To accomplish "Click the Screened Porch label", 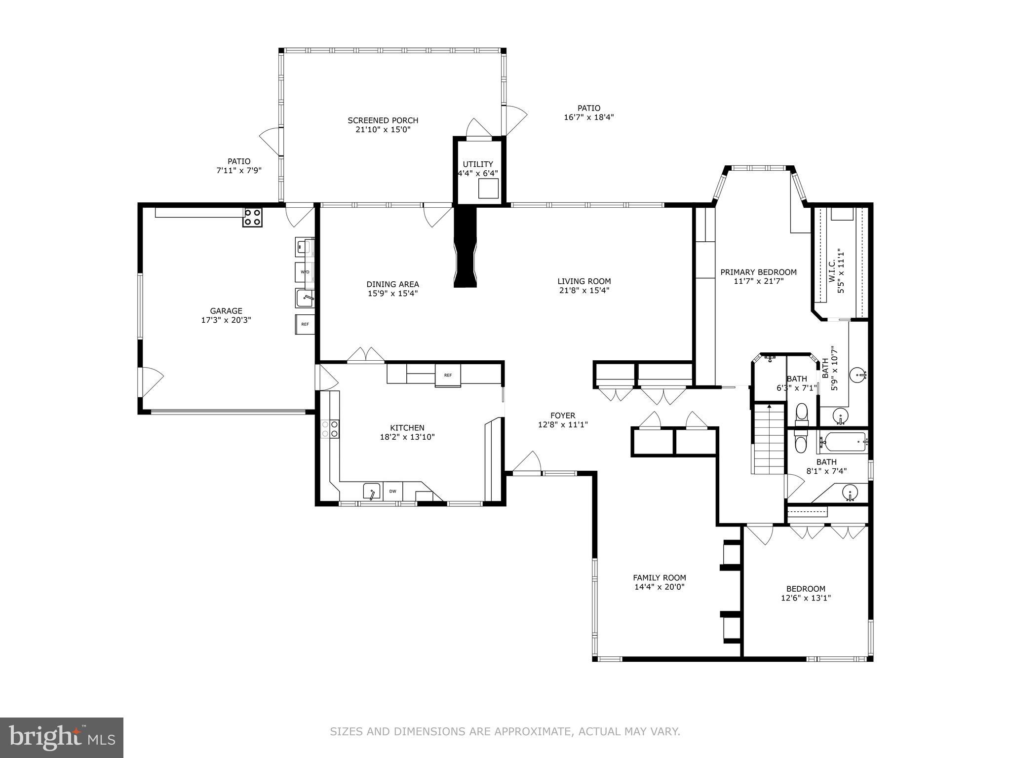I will [x=383, y=120].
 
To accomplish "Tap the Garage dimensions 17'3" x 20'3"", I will [x=226, y=320].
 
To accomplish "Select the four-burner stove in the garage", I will [x=252, y=217].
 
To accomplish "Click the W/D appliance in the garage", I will [x=305, y=272].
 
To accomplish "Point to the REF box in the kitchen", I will [x=447, y=376].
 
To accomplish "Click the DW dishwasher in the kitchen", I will [x=393, y=491].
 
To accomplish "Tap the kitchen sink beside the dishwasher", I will [x=372, y=491].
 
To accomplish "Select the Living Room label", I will [x=584, y=281].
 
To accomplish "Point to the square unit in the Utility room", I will [x=488, y=189].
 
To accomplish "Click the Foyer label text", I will [x=563, y=416].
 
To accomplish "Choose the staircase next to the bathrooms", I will [x=768, y=439].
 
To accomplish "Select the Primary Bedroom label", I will [x=758, y=272].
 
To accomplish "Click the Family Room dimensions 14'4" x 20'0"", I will [x=659, y=587].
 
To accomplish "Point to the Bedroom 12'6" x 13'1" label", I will [x=806, y=589].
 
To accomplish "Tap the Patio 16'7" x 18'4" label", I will [x=588, y=108].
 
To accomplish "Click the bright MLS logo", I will [x=62, y=737].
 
